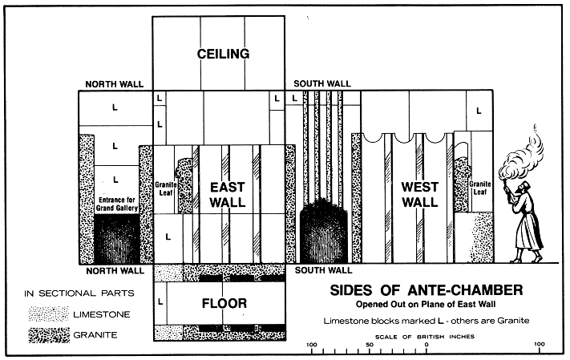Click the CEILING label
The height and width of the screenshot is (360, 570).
tap(223, 54)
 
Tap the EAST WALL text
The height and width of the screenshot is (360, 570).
tap(228, 195)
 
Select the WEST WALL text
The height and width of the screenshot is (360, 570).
tap(420, 195)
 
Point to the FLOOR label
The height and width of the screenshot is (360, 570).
tap(224, 303)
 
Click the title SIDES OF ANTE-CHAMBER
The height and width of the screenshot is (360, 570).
tap(426, 290)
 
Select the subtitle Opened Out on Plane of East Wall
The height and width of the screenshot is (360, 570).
tap(426, 304)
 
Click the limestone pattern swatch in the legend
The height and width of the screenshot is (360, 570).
tap(49, 313)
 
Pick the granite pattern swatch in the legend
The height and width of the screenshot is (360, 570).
tap(49, 335)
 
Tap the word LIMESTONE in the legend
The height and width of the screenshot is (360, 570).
tap(102, 314)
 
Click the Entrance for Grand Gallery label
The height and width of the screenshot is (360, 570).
tap(117, 204)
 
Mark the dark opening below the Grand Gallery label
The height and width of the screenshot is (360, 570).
tap(117, 239)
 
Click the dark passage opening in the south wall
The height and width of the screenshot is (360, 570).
tap(323, 232)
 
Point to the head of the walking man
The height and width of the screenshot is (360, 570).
tap(523, 188)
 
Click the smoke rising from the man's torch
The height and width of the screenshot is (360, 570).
tap(524, 152)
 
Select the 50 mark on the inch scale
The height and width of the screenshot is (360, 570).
tap(370, 345)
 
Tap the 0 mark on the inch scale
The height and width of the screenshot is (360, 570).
tap(426, 344)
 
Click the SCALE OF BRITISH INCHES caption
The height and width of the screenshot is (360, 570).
tap(425, 337)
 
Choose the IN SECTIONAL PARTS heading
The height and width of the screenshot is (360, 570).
tap(79, 293)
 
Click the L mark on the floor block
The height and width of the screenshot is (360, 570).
tap(160, 301)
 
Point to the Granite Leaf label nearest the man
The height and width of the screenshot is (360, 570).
tap(480, 188)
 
